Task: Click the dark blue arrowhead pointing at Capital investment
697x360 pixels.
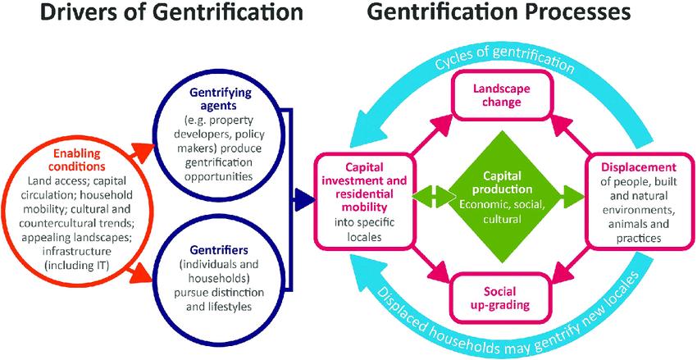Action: pyautogui.click(x=304, y=198)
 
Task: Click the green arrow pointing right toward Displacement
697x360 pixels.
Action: pyautogui.click(x=571, y=197)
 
